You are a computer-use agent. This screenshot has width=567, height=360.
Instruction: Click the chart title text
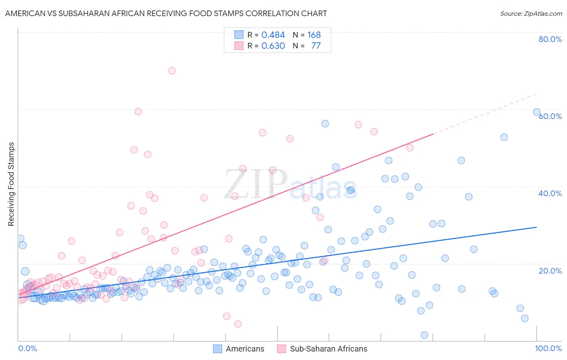point(166,13)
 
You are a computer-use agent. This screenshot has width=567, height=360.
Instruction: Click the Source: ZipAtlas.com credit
point(531,13)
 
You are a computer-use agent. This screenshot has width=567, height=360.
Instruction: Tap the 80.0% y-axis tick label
point(550,39)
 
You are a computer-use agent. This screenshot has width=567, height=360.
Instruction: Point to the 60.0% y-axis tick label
point(550,116)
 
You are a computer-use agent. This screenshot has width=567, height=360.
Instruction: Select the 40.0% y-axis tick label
point(550,193)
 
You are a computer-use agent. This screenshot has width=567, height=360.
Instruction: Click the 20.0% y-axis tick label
point(550,271)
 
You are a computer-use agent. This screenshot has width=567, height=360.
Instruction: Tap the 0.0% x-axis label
point(27,348)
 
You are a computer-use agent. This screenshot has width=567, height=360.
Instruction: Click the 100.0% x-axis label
point(548,348)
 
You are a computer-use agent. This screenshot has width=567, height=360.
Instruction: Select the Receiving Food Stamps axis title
point(11,184)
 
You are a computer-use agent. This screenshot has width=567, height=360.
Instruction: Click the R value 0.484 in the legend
point(273,35)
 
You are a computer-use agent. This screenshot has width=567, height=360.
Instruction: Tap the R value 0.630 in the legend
point(273,46)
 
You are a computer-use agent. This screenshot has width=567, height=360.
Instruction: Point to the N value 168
point(314,35)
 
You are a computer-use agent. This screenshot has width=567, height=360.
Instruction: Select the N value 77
point(316,46)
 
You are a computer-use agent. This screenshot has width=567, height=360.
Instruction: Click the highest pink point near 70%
point(172,71)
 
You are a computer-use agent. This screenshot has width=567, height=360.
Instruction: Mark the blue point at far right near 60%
point(537,112)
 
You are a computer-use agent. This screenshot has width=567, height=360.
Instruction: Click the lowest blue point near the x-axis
point(424,335)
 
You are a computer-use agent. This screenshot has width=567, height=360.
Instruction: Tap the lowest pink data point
point(238,324)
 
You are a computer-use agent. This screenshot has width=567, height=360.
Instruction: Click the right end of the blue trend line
point(537,227)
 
